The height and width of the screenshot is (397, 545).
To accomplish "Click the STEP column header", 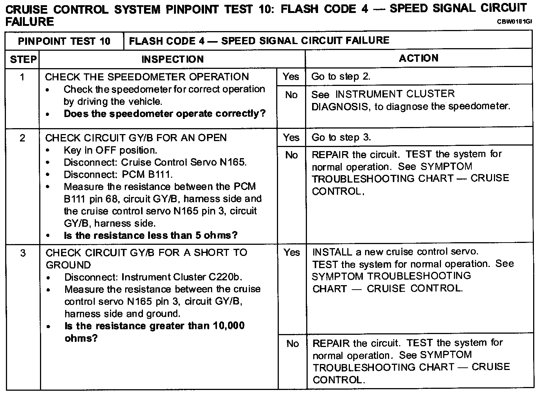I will (x=23, y=59).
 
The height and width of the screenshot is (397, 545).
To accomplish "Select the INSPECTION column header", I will (x=173, y=59).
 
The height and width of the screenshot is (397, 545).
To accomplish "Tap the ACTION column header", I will (x=419, y=58).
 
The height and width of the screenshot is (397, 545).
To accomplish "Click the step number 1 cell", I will (x=23, y=77).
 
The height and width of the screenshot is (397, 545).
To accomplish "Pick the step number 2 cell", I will (x=23, y=138).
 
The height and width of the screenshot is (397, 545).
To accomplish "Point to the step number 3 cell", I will (x=23, y=253).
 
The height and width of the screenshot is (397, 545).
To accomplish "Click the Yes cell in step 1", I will (x=291, y=77).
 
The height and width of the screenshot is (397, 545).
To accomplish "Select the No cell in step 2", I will (x=291, y=155).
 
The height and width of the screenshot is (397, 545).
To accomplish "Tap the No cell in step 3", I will (x=292, y=344).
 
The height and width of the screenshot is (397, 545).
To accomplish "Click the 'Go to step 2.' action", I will (x=341, y=77).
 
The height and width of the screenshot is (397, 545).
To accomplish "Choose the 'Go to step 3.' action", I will (x=341, y=137).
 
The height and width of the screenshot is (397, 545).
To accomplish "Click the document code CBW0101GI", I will (x=514, y=21).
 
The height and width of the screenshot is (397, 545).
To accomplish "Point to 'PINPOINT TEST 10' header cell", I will (x=64, y=41).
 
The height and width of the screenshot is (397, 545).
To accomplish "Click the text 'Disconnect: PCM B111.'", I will (x=118, y=174).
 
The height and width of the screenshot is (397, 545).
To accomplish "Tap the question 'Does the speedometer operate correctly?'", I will (x=165, y=114).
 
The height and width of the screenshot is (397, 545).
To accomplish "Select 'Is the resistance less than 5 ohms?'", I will (x=151, y=236).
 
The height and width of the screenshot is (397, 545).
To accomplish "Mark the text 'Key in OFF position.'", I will (x=110, y=150).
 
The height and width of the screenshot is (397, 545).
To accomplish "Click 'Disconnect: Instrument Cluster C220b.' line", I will (x=153, y=277).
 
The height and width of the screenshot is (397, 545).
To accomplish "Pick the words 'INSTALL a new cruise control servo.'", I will (x=395, y=252).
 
